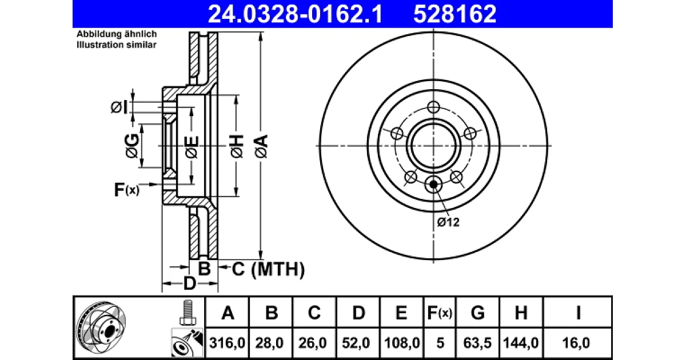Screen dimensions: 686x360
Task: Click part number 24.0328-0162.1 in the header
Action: pyautogui.click(x=295, y=14)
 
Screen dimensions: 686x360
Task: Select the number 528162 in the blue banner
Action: pyautogui.click(x=454, y=14)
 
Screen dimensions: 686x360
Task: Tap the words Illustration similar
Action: pyautogui.click(x=117, y=45)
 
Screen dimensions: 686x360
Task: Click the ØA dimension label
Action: pyautogui.click(x=262, y=146)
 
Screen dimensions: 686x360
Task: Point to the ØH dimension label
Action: pyautogui.click(x=237, y=146)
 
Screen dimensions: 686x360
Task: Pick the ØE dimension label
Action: pyautogui.click(x=192, y=147)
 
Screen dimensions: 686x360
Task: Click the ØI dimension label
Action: pyautogui.click(x=119, y=107)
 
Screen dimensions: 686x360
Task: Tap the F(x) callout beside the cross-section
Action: pyautogui.click(x=126, y=190)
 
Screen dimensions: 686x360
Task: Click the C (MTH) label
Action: pyautogui.click(x=268, y=269)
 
